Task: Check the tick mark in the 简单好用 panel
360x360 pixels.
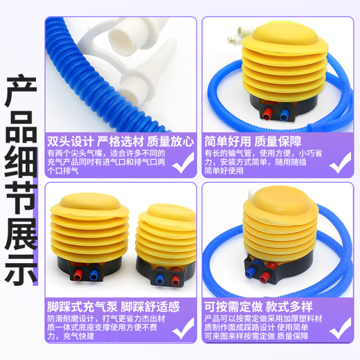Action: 339,163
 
